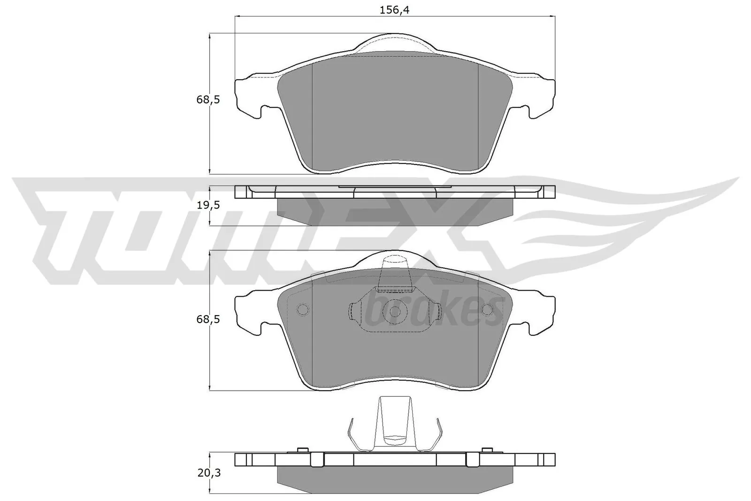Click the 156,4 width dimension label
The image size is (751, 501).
[394, 10]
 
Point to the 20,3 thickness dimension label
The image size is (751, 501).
[208, 473]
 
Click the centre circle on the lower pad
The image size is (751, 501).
[394, 311]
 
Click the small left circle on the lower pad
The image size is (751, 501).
[302, 310]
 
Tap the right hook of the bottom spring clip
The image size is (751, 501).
[439, 434]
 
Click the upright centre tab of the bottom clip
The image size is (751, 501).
[395, 420]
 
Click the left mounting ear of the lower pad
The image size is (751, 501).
[249, 315]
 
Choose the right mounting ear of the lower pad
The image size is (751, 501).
[540, 315]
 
